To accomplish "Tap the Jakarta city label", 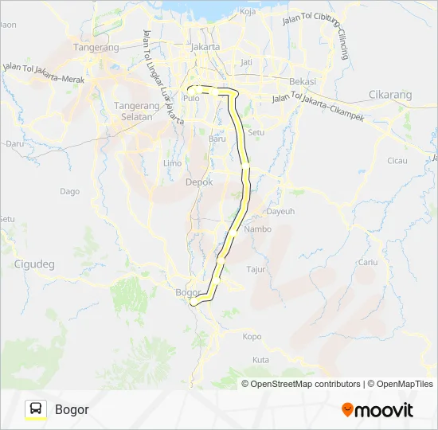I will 205,47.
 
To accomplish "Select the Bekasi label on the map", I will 303,82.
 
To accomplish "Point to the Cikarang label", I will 391,95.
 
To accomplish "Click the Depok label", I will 199,182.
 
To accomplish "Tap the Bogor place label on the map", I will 186,292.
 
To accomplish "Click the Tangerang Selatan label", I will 133,111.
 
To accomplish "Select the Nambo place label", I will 258,229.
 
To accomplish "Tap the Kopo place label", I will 252,336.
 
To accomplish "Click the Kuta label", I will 260,360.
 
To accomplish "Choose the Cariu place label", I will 368,262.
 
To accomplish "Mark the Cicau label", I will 397,160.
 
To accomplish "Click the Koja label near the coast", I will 247,12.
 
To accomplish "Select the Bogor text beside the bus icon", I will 72,410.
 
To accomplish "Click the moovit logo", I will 377,410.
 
